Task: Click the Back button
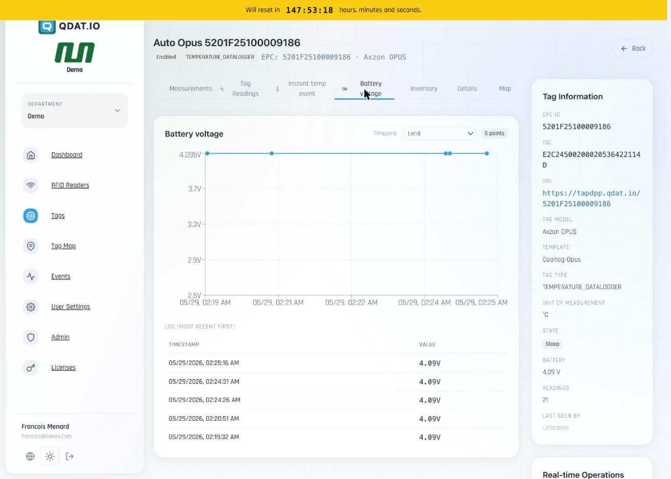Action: click(633, 49)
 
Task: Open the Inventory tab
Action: click(424, 88)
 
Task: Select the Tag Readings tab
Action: click(245, 88)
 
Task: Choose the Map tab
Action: click(505, 88)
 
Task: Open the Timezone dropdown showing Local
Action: click(439, 133)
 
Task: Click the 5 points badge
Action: click(494, 133)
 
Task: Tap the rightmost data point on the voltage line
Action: click(487, 154)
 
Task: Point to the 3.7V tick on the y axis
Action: click(194, 189)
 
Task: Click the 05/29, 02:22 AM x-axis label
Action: click(351, 303)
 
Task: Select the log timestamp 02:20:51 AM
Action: click(204, 419)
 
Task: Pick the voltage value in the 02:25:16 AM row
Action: click(430, 363)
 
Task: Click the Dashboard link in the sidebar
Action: click(66, 155)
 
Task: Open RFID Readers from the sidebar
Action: click(70, 186)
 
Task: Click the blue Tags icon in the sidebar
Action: click(31, 216)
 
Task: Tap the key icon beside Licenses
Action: click(31, 368)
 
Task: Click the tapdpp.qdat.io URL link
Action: click(591, 198)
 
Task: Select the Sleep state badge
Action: click(552, 344)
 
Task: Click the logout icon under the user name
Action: click(70, 457)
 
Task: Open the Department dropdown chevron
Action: click(118, 111)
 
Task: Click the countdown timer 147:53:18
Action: click(310, 10)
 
